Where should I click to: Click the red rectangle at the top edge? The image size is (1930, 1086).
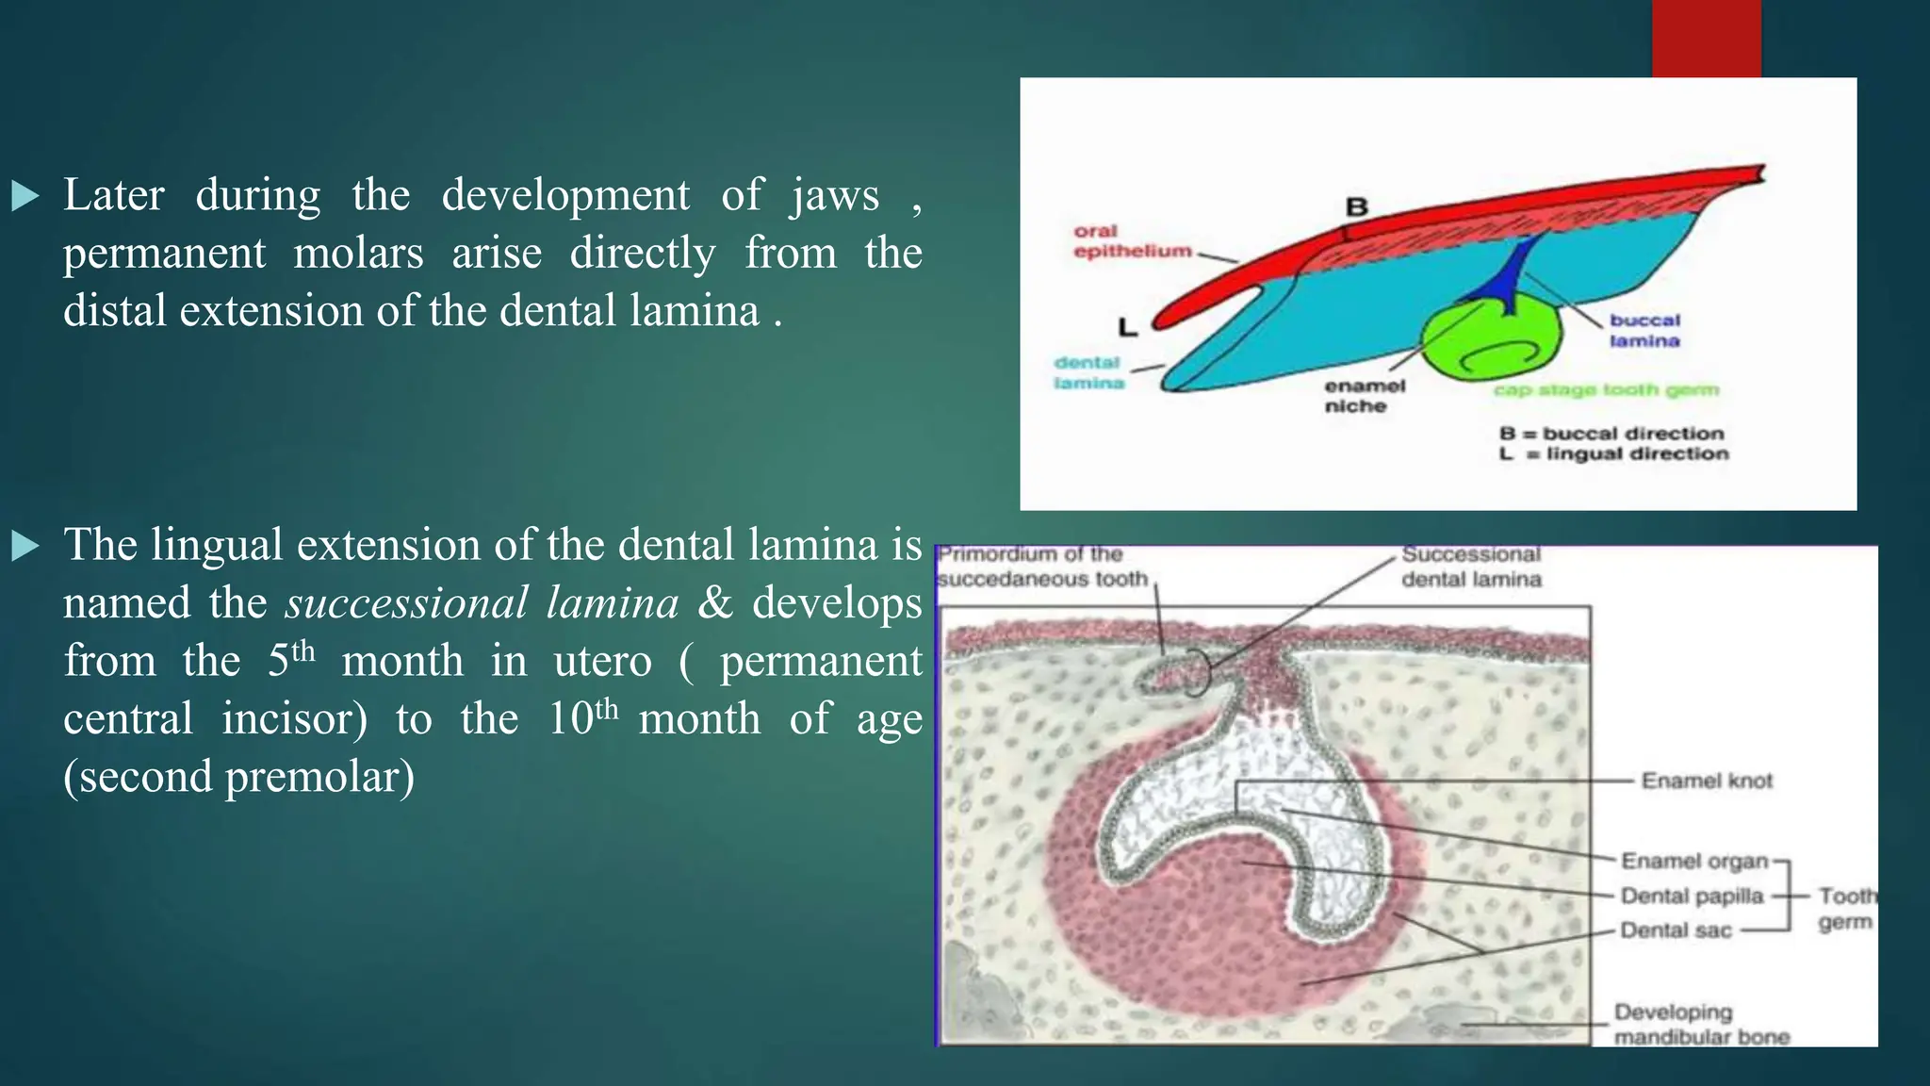tap(1706, 38)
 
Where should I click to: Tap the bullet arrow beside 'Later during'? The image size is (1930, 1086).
tap(25, 196)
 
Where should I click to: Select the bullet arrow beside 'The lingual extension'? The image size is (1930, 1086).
tap(25, 546)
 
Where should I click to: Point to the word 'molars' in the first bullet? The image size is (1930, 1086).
tap(358, 254)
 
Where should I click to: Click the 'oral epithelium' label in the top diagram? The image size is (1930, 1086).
tap(1131, 241)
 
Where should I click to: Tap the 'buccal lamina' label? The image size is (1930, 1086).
tap(1644, 331)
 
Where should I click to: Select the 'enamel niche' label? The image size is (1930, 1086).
tap(1364, 396)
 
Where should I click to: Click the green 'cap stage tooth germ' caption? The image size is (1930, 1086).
tap(1606, 390)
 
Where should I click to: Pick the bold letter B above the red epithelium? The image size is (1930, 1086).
tap(1356, 206)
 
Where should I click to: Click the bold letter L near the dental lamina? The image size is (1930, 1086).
tap(1127, 328)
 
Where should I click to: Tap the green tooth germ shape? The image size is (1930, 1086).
tap(1489, 349)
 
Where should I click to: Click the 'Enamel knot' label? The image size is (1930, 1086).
tap(1707, 781)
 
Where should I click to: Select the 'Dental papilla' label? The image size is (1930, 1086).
tap(1692, 896)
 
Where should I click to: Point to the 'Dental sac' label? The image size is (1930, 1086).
tap(1676, 930)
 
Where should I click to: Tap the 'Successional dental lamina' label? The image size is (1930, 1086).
tap(1471, 567)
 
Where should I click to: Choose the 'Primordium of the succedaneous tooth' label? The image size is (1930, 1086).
tap(1041, 567)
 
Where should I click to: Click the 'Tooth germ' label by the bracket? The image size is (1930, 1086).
tap(1845, 909)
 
